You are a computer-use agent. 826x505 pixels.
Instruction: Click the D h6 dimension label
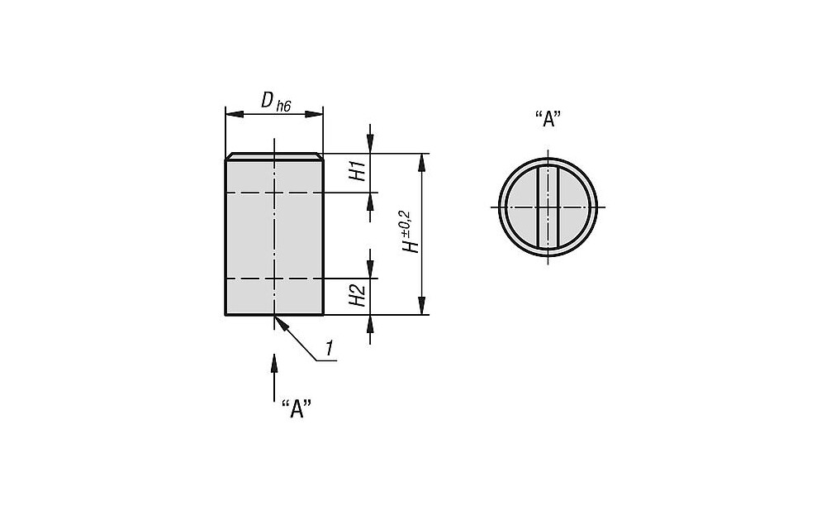pyautogui.click(x=276, y=101)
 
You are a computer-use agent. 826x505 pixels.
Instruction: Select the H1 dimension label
pyautogui.click(x=358, y=172)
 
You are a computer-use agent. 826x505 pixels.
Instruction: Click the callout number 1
pyautogui.click(x=330, y=349)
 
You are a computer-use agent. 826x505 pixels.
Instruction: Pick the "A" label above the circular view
pyautogui.click(x=548, y=119)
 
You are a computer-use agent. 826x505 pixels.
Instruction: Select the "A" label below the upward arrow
pyautogui.click(x=297, y=409)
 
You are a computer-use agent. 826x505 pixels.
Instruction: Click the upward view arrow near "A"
pyautogui.click(x=274, y=378)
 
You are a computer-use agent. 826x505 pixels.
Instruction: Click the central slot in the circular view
pyautogui.click(x=548, y=207)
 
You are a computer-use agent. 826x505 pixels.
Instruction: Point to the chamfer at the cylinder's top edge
pyautogui.click(x=274, y=156)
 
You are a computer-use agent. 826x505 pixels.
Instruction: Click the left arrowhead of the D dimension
pyautogui.click(x=235, y=114)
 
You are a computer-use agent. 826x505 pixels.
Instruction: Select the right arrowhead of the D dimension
pyautogui.click(x=314, y=114)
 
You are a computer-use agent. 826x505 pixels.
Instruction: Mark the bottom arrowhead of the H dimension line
pyautogui.click(x=421, y=306)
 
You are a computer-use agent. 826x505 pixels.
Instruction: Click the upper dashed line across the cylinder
pyautogui.click(x=274, y=193)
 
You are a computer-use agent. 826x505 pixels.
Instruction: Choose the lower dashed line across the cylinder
pyautogui.click(x=274, y=278)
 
